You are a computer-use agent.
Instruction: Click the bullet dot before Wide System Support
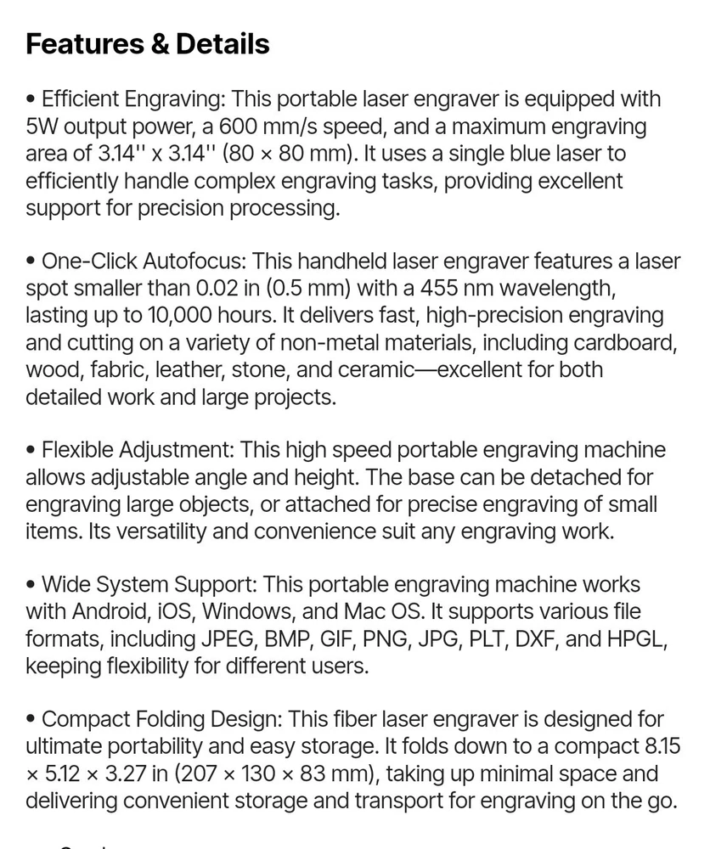click(x=31, y=585)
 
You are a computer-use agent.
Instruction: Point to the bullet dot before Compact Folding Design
click(x=31, y=720)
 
